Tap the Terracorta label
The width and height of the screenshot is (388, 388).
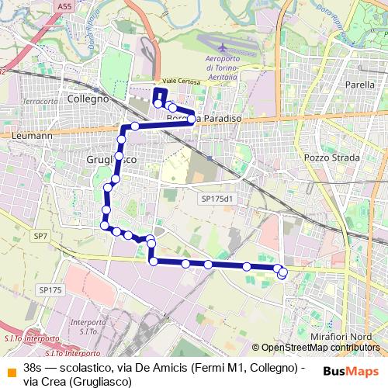[40, 102]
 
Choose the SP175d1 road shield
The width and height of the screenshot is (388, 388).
[217, 199]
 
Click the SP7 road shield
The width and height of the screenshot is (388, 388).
[41, 235]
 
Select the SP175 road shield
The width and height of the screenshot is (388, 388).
[50, 290]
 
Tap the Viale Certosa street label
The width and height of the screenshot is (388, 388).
[180, 80]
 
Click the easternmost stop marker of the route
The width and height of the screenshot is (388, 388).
[282, 272]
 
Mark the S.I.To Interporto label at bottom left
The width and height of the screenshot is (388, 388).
[31, 339]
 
